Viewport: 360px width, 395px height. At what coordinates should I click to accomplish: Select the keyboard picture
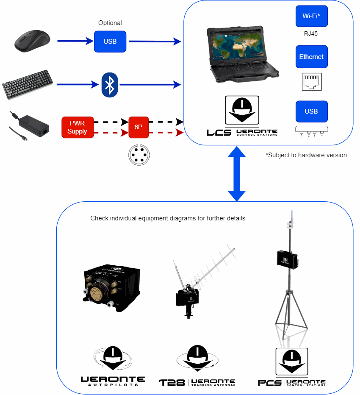pos(28,84)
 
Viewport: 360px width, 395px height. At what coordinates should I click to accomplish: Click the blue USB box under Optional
pos(110,42)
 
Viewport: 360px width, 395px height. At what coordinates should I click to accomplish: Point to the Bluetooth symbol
pos(110,84)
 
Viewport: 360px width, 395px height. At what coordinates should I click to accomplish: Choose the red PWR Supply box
pos(77,127)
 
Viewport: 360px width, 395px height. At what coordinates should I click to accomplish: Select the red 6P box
pos(138,127)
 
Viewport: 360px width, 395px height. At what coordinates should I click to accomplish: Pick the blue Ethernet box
pos(311,57)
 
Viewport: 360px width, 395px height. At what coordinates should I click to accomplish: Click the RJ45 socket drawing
pos(311,81)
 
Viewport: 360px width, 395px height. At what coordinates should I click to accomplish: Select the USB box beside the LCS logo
pos(311,111)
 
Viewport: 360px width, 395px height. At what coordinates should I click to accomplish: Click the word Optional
pos(110,23)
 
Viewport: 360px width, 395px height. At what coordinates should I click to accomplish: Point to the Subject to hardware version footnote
pos(306,155)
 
